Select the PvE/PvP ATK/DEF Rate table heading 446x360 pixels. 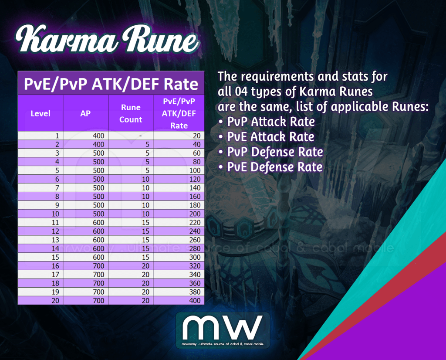[111, 83]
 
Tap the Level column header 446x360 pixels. [41, 113]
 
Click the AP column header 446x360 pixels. [86, 113]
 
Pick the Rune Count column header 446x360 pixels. [131, 113]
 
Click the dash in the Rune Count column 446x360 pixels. [140, 136]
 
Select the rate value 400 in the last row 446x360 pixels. [195, 301]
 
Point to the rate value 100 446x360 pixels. [195, 170]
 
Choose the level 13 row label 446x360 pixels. [55, 240]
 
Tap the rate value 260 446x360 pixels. [195, 240]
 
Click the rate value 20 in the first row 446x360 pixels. [196, 136]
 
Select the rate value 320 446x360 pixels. [195, 266]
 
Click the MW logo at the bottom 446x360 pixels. [223, 330]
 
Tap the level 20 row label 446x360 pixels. [55, 301]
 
